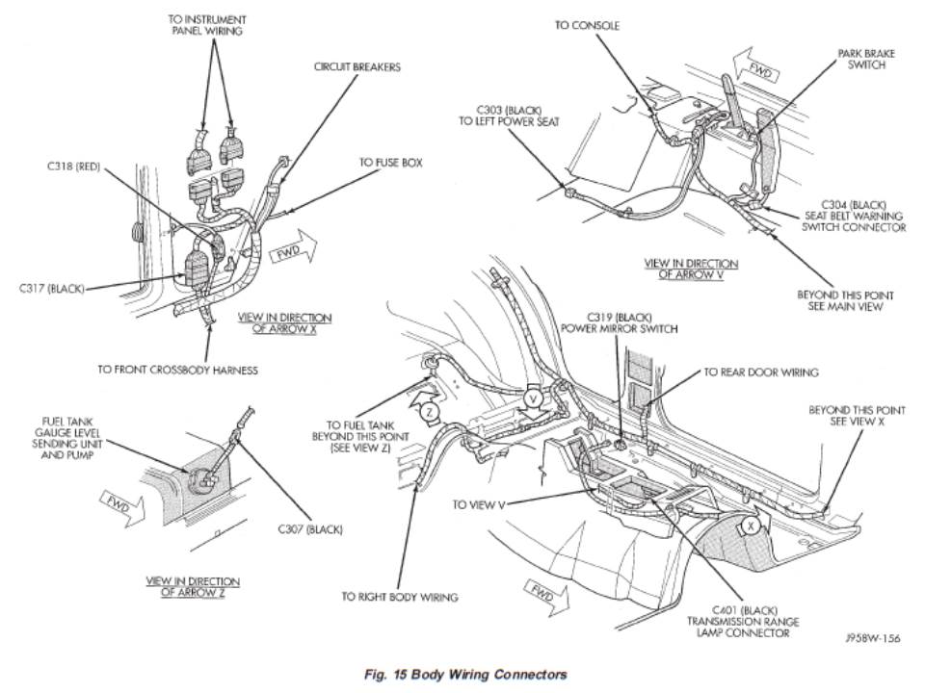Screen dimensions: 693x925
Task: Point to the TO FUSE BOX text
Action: pos(391,164)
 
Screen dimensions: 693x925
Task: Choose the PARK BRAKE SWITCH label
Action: pos(865,60)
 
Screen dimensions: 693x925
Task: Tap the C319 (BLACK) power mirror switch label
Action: pos(619,322)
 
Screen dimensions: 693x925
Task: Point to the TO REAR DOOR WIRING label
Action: pos(760,372)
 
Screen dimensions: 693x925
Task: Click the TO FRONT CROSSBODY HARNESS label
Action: pos(177,368)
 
